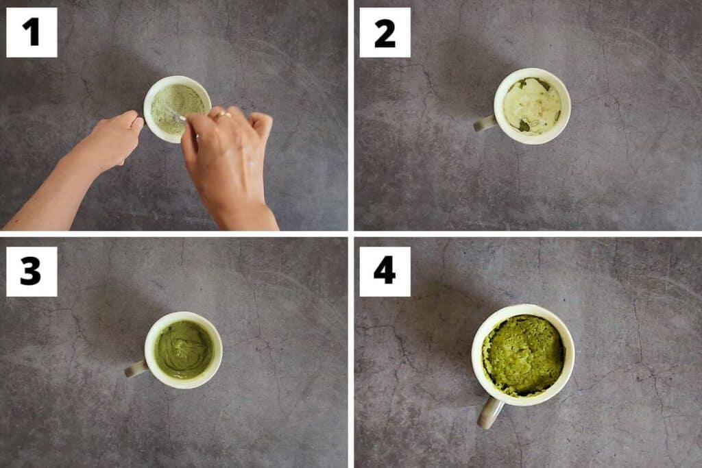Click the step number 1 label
click(x=32, y=32)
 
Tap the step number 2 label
click(x=385, y=32)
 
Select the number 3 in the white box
click(x=32, y=271)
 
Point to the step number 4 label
click(x=385, y=271)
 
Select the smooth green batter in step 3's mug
click(x=183, y=349)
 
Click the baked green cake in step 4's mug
click(x=523, y=355)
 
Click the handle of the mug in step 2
click(x=485, y=123)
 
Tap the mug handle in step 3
click(x=135, y=369)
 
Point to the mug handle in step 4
click(x=489, y=412)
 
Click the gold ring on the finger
click(x=220, y=116)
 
